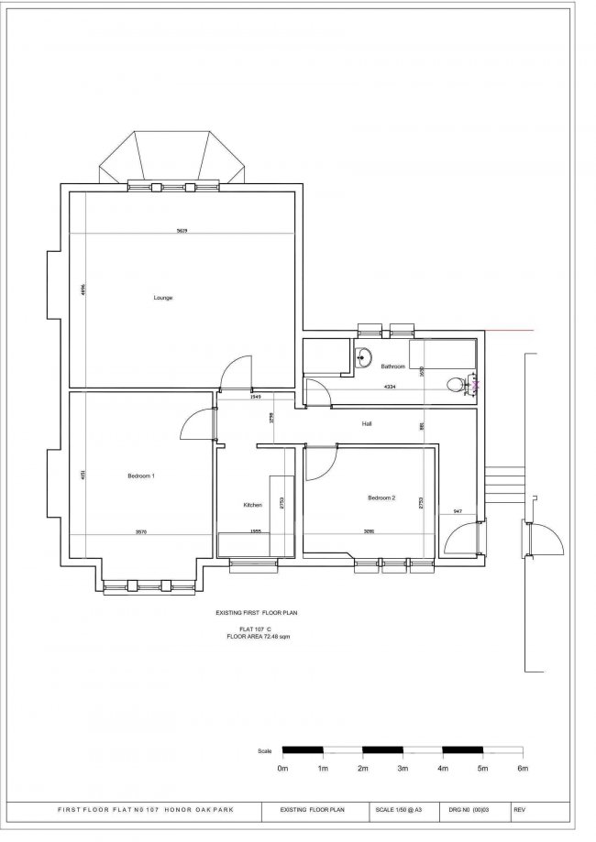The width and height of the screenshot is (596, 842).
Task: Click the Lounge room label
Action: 163,298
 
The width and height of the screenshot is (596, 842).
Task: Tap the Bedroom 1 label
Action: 140,476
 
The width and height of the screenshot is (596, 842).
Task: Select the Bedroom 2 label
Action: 381,498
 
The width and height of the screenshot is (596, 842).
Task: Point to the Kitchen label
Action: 253,505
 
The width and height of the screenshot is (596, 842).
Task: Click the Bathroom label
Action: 381,366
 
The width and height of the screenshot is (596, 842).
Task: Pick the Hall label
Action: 366,424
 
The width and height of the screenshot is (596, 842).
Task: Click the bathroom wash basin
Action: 365,358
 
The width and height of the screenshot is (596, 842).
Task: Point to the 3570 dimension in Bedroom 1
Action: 141,531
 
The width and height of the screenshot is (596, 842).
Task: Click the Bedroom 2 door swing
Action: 320,465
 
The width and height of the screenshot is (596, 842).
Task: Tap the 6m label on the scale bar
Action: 523,770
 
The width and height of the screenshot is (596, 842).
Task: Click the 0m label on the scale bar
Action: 282,770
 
